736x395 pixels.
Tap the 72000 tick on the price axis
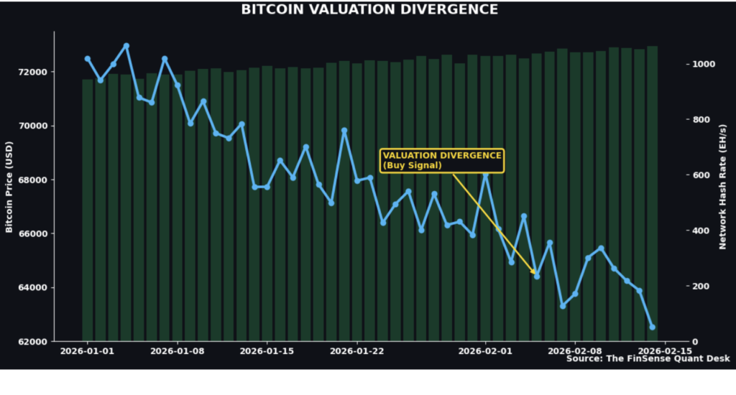32,73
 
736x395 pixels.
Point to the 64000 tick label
32,288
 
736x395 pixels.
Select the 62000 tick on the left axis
32,342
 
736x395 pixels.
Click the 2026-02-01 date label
485,352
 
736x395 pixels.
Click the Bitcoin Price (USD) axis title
9,186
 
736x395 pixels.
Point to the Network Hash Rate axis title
722,186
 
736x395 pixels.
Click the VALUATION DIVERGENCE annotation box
442,160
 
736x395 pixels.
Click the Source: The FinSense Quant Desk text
648,358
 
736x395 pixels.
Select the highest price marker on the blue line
126,46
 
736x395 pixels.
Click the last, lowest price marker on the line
653,327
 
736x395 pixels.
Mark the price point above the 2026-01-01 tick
88,59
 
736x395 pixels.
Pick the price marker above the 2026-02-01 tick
486,175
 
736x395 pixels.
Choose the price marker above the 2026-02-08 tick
575,294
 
